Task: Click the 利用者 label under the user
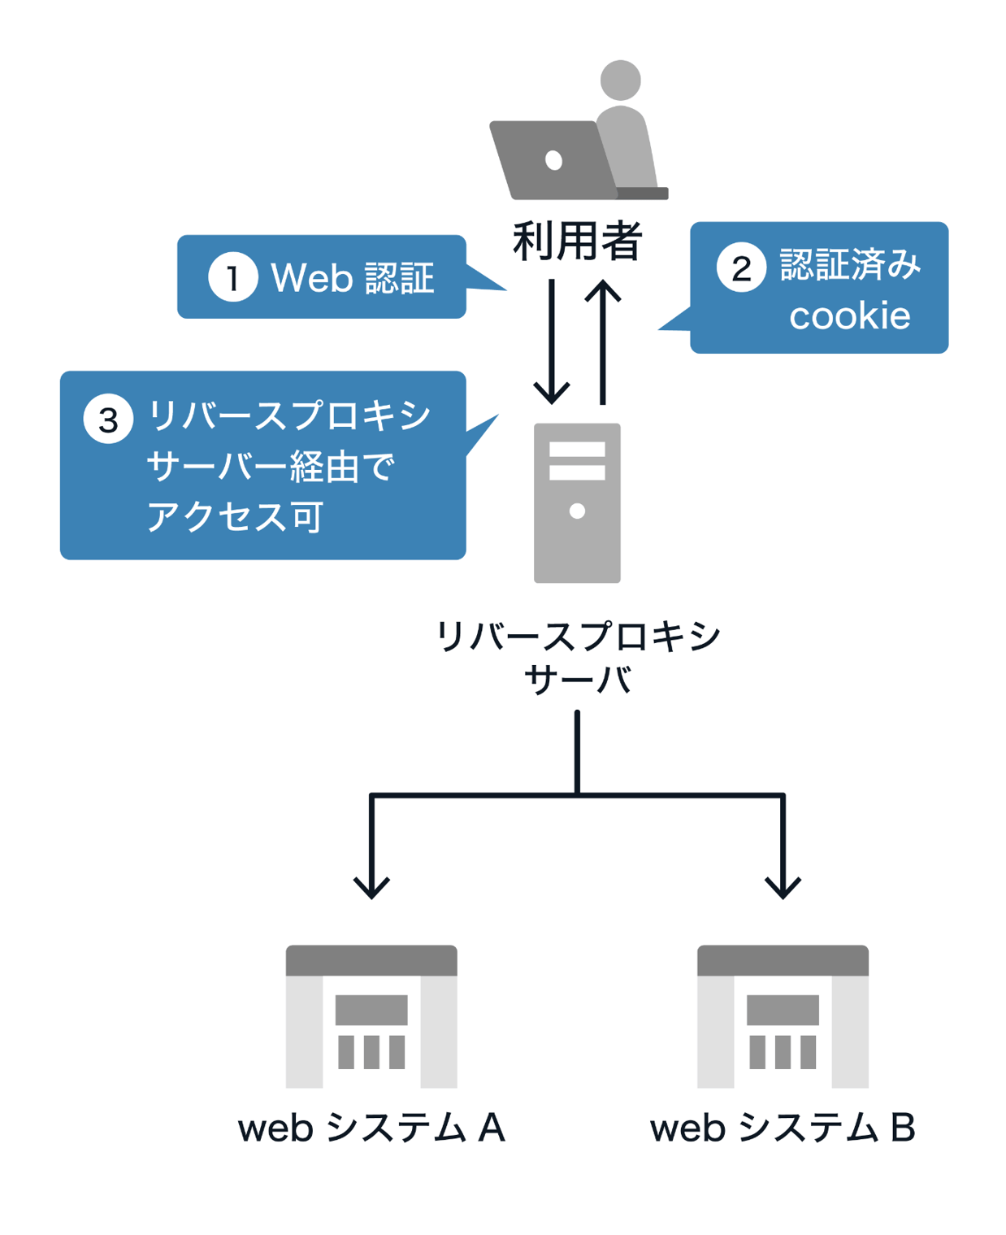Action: tap(577, 241)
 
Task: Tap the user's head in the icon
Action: tap(620, 80)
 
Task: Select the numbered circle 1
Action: tap(232, 277)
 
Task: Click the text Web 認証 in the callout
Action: tap(352, 278)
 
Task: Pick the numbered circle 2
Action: tap(740, 267)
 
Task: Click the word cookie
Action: tap(849, 316)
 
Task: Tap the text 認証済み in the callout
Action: tap(850, 265)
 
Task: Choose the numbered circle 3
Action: tap(108, 420)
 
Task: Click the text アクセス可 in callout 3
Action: tap(235, 516)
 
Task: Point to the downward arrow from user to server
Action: tap(552, 341)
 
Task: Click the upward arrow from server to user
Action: tap(603, 341)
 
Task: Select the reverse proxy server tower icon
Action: tap(577, 502)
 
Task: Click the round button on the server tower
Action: tap(577, 511)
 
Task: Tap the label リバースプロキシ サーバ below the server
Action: tap(577, 657)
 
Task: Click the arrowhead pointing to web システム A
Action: tap(371, 886)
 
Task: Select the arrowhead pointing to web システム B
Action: tap(783, 886)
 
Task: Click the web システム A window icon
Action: tap(371, 1016)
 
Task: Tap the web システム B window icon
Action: tap(783, 1016)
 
